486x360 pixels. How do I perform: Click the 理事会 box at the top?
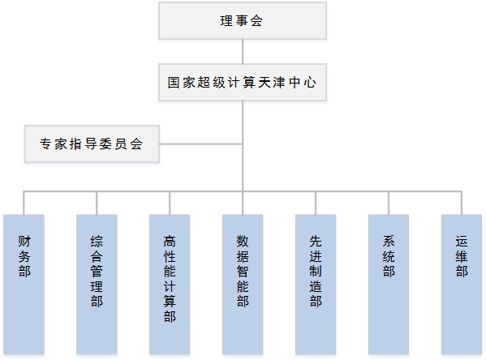[243, 21]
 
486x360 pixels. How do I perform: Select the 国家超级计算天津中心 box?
[243, 83]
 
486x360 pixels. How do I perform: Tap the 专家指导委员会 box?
[92, 144]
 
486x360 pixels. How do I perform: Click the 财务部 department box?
[24, 285]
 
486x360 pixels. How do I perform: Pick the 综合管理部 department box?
[97, 285]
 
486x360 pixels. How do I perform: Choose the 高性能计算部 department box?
[170, 285]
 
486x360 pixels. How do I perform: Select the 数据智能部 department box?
[243, 285]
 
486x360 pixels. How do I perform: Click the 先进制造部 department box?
[316, 285]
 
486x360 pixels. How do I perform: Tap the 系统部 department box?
[389, 285]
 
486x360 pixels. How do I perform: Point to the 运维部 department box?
[462, 285]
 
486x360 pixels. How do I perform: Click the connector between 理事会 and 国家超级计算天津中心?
[243, 51]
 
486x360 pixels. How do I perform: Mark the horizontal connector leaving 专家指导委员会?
[201, 144]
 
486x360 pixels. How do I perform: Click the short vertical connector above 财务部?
[24, 204]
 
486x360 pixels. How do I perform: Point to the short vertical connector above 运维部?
[462, 204]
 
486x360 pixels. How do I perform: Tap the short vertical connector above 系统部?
[389, 204]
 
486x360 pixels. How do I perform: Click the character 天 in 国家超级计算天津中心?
[265, 83]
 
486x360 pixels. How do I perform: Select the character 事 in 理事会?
[242, 21]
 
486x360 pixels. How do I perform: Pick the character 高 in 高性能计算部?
[170, 242]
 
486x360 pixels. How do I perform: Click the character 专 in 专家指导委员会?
[46, 144]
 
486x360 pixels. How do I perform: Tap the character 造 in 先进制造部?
[316, 286]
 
